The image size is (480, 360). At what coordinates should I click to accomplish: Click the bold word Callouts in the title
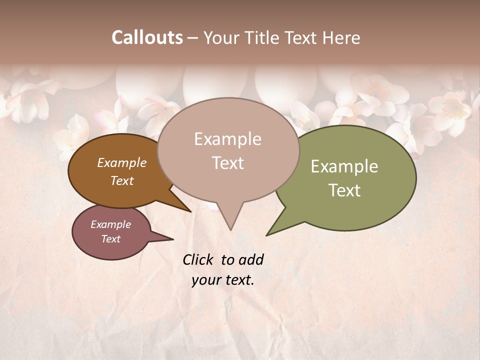click(147, 38)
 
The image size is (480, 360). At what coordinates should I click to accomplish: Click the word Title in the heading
click(263, 38)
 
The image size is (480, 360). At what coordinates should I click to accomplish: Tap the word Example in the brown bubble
click(121, 162)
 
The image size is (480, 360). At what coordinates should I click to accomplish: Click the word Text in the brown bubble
click(121, 180)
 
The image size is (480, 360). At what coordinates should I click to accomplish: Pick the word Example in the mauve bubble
click(110, 224)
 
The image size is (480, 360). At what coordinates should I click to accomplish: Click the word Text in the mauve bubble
click(110, 239)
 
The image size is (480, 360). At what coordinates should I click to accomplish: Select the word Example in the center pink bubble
click(227, 139)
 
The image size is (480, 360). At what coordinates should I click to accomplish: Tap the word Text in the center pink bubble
click(227, 163)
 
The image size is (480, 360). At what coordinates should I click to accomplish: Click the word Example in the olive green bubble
click(344, 166)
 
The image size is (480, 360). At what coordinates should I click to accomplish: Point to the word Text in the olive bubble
click(344, 190)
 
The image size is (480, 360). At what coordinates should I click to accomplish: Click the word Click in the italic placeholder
click(198, 260)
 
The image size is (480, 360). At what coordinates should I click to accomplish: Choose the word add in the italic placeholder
click(251, 260)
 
